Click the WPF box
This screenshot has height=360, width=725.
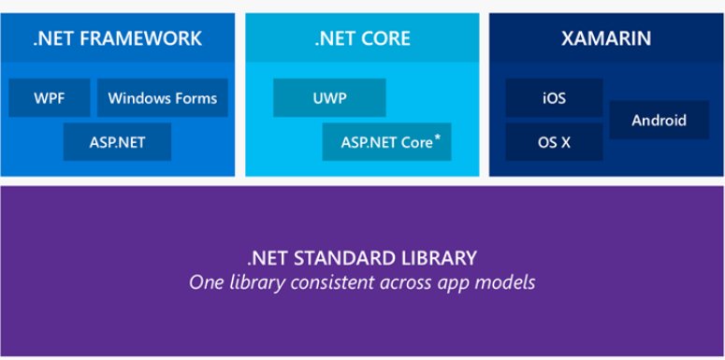[x=50, y=97]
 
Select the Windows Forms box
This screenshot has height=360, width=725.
[x=163, y=97]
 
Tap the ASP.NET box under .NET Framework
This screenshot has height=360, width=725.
[x=118, y=142]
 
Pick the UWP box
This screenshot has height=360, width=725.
[x=329, y=97]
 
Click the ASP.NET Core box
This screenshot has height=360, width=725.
[x=386, y=142]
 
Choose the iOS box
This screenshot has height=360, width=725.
[x=553, y=97]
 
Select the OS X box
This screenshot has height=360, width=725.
[x=553, y=142]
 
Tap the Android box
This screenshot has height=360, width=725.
[x=659, y=120]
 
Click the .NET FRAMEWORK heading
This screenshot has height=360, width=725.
[x=117, y=39]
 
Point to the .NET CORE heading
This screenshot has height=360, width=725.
[x=361, y=39]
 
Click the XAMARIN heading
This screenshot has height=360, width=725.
[x=606, y=39]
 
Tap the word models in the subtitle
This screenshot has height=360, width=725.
[x=509, y=281]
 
